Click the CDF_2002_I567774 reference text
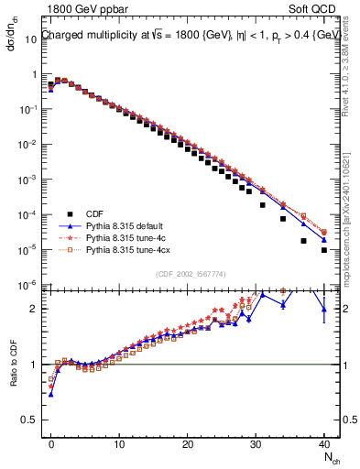(x=188, y=274)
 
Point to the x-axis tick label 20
(x=188, y=443)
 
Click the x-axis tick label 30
(x=256, y=443)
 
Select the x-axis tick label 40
(x=324, y=443)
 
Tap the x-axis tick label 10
(x=119, y=443)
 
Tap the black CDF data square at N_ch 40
(x=324, y=249)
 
